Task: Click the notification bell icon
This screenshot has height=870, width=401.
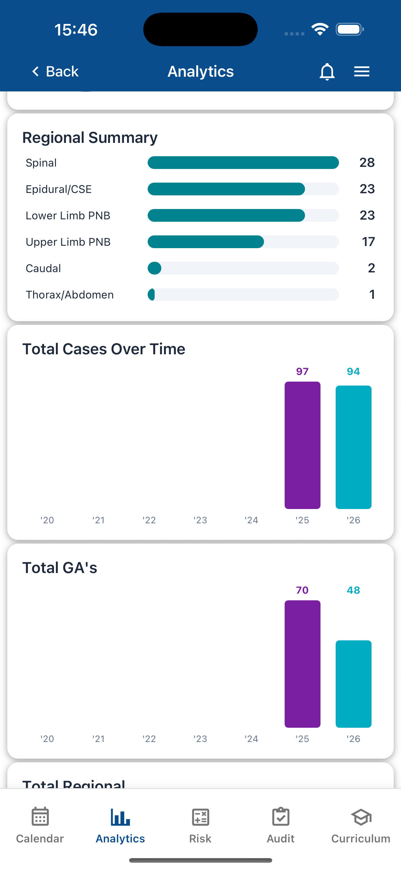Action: click(x=327, y=72)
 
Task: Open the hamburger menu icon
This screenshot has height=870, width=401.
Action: click(x=362, y=72)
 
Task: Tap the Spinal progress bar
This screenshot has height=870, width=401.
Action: click(x=243, y=163)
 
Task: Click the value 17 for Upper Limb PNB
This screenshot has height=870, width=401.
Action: click(x=368, y=242)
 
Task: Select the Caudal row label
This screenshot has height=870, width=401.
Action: click(x=43, y=268)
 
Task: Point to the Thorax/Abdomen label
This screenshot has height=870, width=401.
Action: click(x=70, y=295)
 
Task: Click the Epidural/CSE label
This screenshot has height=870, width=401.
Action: click(x=59, y=189)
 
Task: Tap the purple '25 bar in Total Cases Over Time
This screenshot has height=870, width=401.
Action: click(x=302, y=445)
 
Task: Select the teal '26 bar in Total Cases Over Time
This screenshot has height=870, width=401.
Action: click(x=353, y=447)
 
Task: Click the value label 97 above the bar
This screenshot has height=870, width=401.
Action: click(x=302, y=372)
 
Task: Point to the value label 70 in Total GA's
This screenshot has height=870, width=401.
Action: click(x=302, y=590)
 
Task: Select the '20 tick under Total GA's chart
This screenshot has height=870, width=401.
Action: click(x=47, y=739)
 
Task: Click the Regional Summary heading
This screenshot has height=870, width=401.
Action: click(x=90, y=138)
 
